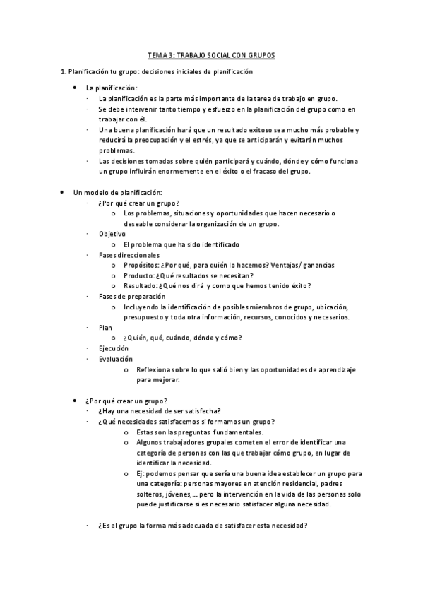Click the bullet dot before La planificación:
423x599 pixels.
(76, 88)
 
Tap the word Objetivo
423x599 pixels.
(112, 234)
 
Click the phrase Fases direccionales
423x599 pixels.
(129, 255)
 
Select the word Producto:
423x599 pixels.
(138, 275)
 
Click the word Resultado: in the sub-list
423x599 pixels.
(141, 286)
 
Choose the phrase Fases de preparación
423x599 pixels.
(132, 297)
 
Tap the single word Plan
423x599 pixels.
(105, 328)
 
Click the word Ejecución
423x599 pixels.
(114, 349)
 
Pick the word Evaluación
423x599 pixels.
(116, 360)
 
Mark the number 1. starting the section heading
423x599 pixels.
(63, 72)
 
